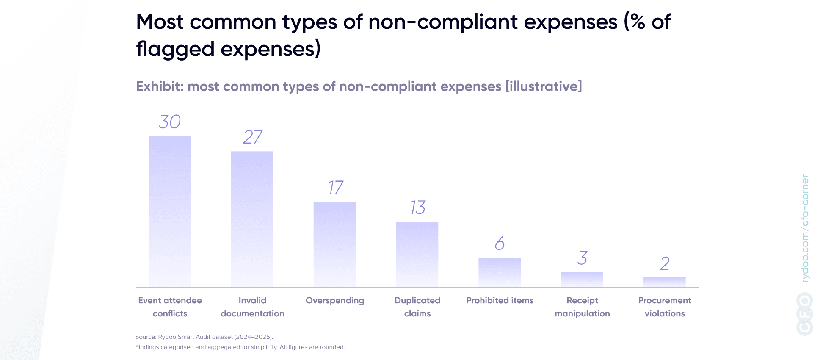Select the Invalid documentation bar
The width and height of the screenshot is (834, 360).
(252, 219)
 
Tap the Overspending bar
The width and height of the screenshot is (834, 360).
(334, 244)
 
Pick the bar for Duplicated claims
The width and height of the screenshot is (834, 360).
(417, 254)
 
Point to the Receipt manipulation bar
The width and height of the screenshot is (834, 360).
(582, 279)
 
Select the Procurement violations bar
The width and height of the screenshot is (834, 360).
(664, 282)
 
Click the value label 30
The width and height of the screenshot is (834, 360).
(170, 122)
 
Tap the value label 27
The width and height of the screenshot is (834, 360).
(252, 137)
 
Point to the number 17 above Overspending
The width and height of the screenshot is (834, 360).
(335, 188)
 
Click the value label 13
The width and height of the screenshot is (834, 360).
(417, 208)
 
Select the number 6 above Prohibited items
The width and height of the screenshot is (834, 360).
(500, 244)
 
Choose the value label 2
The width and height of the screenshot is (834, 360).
(664, 264)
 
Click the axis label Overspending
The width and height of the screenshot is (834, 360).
(335, 300)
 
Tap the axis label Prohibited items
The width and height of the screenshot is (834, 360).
(500, 300)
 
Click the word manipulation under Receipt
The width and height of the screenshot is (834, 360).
(582, 313)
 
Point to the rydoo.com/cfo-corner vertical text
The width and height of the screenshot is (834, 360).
(805, 229)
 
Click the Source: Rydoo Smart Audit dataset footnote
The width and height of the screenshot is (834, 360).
(204, 337)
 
